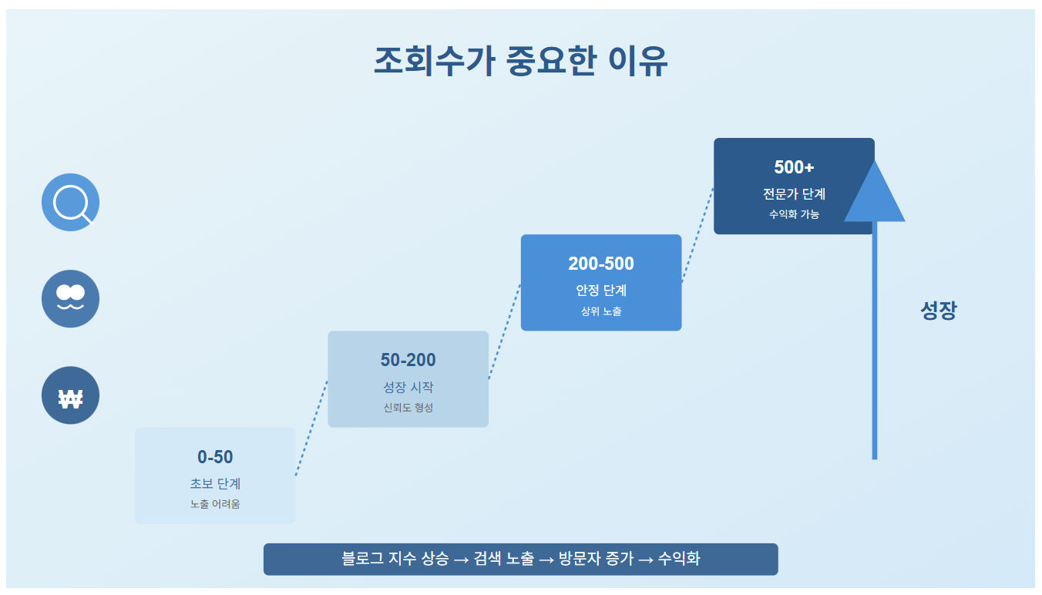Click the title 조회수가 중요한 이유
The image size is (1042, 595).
pyautogui.click(x=520, y=62)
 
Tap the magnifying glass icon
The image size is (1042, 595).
pyautogui.click(x=70, y=203)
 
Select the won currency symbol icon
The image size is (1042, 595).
pyautogui.click(x=70, y=396)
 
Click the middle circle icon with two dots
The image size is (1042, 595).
pyautogui.click(x=70, y=298)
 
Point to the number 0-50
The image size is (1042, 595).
pyautogui.click(x=215, y=457)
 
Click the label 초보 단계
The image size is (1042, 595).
pyautogui.click(x=215, y=484)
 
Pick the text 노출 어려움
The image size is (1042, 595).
pyautogui.click(x=215, y=504)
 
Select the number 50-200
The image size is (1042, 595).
pyautogui.click(x=408, y=360)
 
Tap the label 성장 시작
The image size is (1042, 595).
pyautogui.click(x=408, y=387)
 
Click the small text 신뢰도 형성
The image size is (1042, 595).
pyautogui.click(x=408, y=408)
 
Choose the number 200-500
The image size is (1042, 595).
pyautogui.click(x=601, y=264)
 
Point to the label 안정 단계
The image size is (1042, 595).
pyautogui.click(x=601, y=291)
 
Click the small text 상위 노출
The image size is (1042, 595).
pyautogui.click(x=601, y=311)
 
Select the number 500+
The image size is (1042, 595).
pyautogui.click(x=794, y=167)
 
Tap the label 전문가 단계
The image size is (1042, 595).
pyautogui.click(x=794, y=194)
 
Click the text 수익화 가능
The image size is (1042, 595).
pyautogui.click(x=794, y=214)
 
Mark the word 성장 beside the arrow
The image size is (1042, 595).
pyautogui.click(x=938, y=311)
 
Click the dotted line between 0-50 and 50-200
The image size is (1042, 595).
pyautogui.click(x=311, y=429)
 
